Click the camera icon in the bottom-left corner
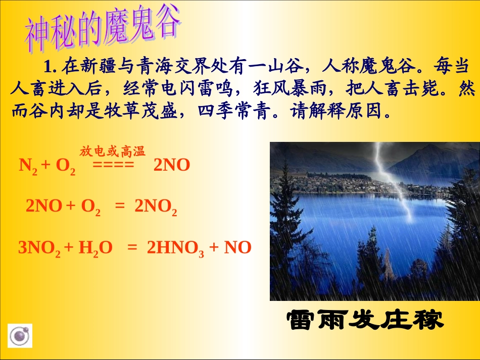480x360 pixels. (20, 336)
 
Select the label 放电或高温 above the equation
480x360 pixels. (112, 151)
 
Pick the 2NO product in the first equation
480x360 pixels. (171, 166)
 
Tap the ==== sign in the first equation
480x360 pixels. (113, 166)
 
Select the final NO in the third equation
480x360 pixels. (237, 247)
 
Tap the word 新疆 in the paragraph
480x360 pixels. (100, 66)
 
